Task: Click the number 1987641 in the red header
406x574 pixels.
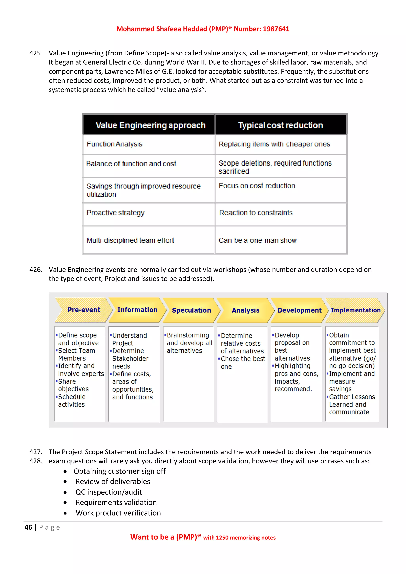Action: (x=276, y=29)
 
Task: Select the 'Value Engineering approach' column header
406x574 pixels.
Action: (x=150, y=125)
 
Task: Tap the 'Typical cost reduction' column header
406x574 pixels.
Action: (x=280, y=125)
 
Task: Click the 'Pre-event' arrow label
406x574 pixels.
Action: (x=84, y=310)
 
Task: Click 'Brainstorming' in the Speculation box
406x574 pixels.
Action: (x=188, y=335)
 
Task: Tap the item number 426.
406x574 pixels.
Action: (x=36, y=270)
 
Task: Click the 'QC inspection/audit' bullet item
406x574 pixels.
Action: (x=108, y=492)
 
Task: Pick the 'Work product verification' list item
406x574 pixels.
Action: (x=118, y=513)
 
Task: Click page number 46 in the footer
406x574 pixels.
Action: (x=28, y=527)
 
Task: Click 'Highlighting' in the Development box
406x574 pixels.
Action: (x=292, y=366)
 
